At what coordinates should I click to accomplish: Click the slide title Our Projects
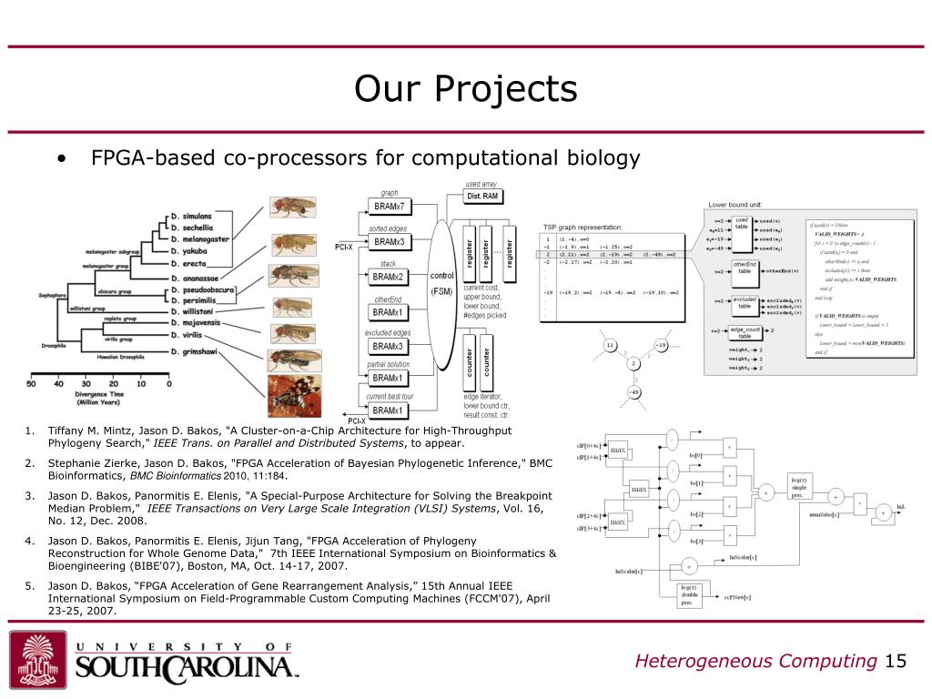point(465,89)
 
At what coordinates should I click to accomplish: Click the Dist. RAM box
point(484,197)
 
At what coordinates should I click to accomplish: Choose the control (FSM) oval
point(441,283)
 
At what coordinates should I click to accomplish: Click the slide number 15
point(896,661)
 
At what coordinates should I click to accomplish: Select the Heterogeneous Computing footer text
point(755,661)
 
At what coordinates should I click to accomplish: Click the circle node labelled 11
point(609,345)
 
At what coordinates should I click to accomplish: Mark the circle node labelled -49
point(634,393)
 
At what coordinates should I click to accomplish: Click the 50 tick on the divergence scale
point(31,384)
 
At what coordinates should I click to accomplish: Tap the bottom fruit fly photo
point(293,394)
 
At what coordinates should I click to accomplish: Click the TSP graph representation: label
point(582,227)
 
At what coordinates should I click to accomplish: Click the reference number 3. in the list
point(29,496)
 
